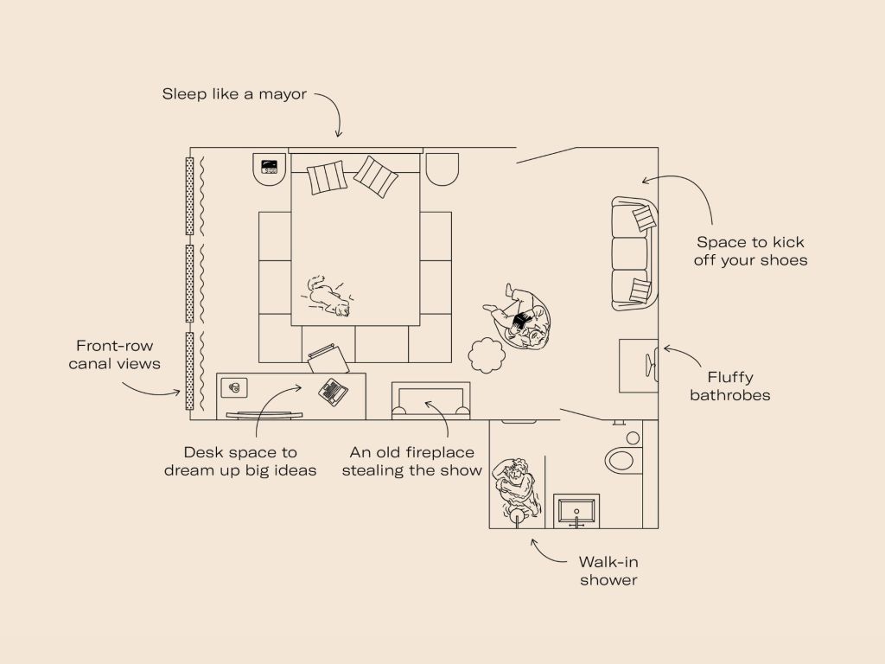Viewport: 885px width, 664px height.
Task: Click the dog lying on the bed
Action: tap(328, 296)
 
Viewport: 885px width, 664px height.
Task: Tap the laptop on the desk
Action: tap(333, 392)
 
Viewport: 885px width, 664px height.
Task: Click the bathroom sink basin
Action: tap(576, 510)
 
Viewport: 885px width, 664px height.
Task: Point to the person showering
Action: tap(516, 488)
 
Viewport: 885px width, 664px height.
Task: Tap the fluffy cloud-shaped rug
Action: tap(487, 355)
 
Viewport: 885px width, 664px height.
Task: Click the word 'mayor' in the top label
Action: tap(283, 94)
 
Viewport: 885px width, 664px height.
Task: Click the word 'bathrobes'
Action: tap(729, 394)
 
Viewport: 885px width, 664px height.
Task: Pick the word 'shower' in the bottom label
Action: tap(608, 580)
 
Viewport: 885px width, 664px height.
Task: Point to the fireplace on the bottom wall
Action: tap(430, 400)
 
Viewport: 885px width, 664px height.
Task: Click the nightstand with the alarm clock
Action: tap(271, 169)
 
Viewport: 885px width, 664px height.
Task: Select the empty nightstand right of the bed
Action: tap(442, 169)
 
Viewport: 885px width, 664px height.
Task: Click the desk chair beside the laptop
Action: tap(328, 359)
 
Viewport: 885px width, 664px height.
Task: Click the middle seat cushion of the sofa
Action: tap(629, 253)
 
